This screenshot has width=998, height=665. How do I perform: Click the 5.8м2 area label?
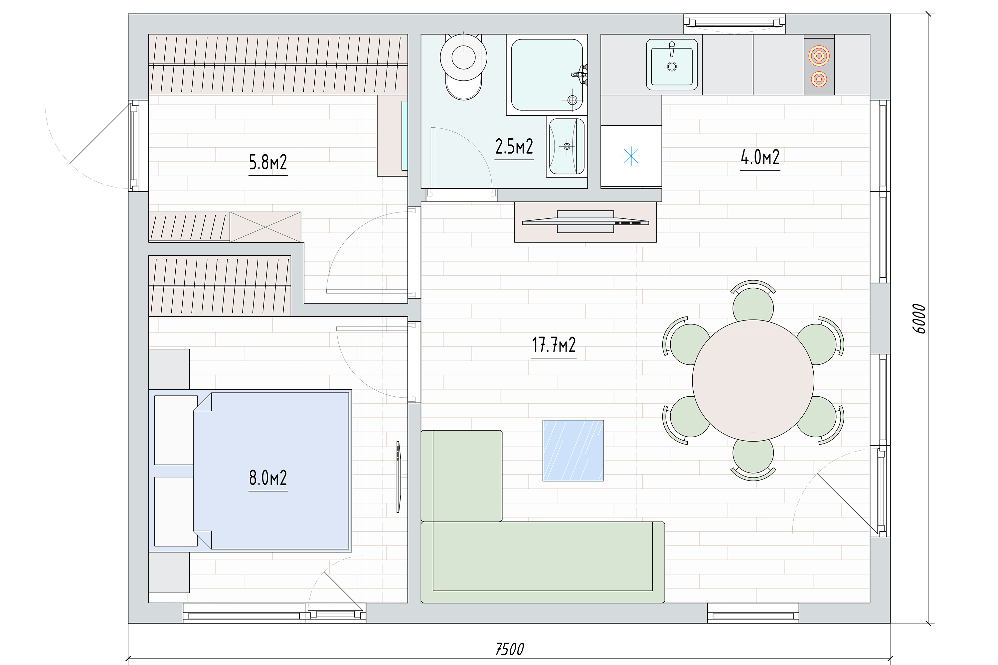(x=268, y=163)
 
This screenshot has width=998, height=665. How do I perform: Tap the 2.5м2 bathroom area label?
(x=514, y=147)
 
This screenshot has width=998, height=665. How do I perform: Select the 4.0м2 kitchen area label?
(x=760, y=157)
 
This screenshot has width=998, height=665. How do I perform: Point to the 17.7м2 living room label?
(x=554, y=345)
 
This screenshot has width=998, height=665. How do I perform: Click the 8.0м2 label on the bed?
(x=268, y=478)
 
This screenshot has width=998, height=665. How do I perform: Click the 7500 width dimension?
(x=509, y=649)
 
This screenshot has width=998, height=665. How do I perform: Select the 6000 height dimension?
(x=919, y=319)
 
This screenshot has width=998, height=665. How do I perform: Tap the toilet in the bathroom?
(x=463, y=66)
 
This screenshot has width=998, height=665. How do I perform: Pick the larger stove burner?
(x=819, y=56)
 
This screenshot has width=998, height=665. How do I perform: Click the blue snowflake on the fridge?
(x=631, y=156)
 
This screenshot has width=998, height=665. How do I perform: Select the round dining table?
(x=753, y=380)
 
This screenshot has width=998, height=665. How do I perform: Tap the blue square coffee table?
(x=573, y=451)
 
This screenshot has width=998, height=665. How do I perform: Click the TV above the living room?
(x=585, y=222)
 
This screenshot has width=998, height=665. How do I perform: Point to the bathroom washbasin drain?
(x=567, y=146)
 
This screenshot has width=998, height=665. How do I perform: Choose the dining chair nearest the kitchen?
(x=753, y=302)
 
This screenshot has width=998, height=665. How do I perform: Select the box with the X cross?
(x=265, y=227)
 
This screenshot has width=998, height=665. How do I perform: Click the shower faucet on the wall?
(x=581, y=74)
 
